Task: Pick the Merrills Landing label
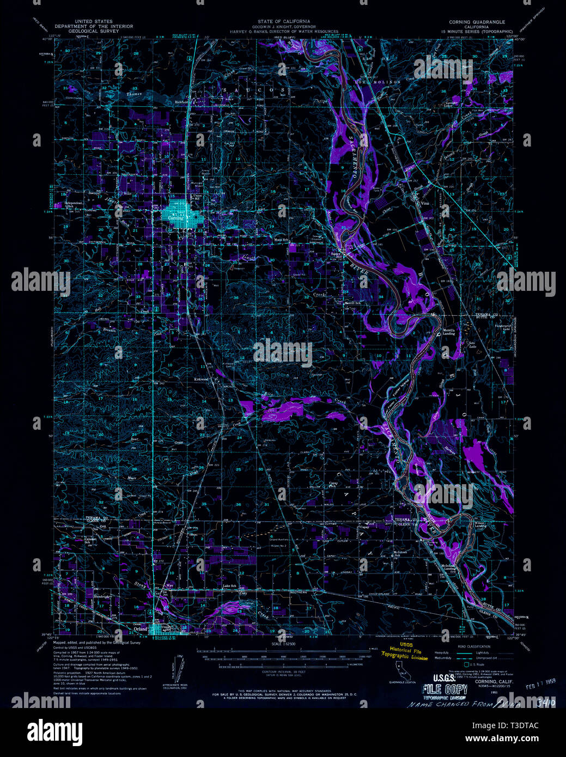pos(448,332)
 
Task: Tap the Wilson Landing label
pos(480,525)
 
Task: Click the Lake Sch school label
pos(229,587)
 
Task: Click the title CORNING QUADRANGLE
pos(477,22)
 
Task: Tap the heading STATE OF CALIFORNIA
pos(283,22)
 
